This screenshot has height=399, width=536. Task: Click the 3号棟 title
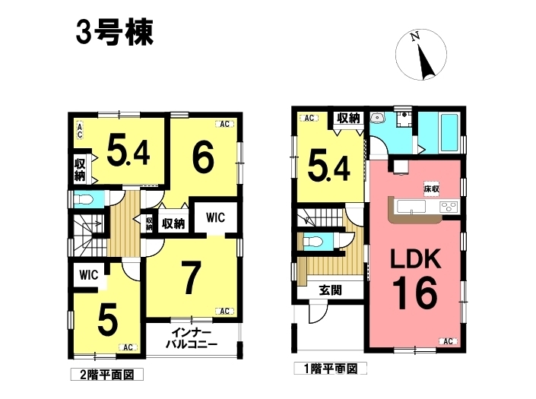coord(115,33)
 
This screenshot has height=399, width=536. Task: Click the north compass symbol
coord(421,55)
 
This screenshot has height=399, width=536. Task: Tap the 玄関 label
coord(330,290)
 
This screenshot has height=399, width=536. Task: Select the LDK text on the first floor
coord(416,258)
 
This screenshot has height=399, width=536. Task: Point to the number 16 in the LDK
coord(414,293)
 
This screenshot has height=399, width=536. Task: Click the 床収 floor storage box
coord(431,188)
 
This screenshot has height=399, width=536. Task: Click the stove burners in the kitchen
coord(449,206)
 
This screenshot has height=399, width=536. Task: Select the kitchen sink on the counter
coord(411,207)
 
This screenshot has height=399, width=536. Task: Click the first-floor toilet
coord(313,242)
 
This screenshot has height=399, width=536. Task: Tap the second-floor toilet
coord(84,199)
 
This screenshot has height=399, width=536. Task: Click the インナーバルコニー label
coord(192,337)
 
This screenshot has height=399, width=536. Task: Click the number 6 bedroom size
coord(204,157)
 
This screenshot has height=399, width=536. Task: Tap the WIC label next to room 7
coord(215,217)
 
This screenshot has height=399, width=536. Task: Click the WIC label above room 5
coord(88,274)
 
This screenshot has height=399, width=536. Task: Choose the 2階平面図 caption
coord(107,375)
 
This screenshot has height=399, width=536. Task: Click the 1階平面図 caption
coord(331,369)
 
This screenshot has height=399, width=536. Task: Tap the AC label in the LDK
coord(448,341)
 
